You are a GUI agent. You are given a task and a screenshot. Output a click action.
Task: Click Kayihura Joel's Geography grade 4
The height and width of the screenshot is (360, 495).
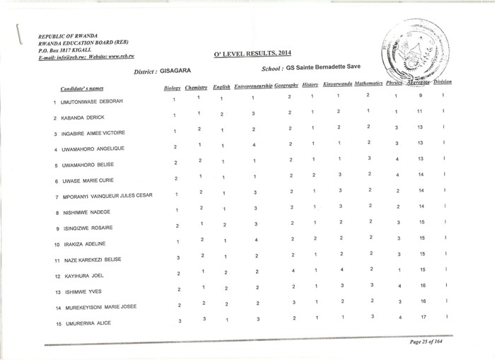click(290, 269)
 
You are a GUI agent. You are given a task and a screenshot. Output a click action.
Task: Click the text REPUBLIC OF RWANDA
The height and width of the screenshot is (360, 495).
click(68, 35)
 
